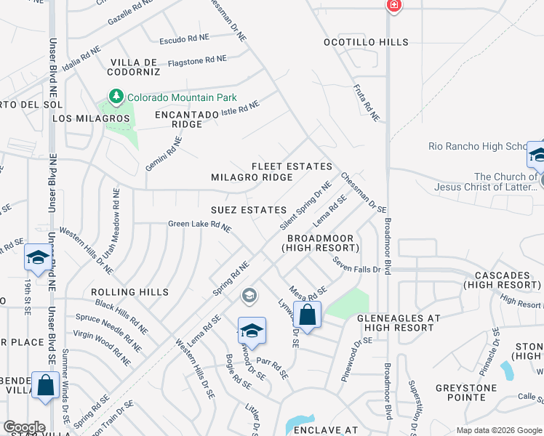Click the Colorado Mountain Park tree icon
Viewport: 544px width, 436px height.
click(116, 96)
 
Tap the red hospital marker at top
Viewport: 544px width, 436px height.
click(394, 5)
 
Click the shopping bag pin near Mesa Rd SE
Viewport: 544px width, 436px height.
click(308, 316)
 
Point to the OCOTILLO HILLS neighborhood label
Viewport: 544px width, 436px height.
click(366, 42)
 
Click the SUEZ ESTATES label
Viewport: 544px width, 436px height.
click(249, 210)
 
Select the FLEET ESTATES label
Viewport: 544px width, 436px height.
click(292, 166)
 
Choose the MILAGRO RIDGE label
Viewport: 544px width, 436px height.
click(252, 177)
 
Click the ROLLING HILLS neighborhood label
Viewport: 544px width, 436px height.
click(130, 292)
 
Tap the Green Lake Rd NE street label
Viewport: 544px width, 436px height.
click(200, 227)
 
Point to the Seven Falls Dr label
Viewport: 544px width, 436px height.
click(357, 265)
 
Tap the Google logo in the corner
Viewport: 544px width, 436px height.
click(23, 427)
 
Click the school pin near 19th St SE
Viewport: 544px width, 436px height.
click(38, 257)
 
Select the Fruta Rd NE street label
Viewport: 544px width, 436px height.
click(367, 102)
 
